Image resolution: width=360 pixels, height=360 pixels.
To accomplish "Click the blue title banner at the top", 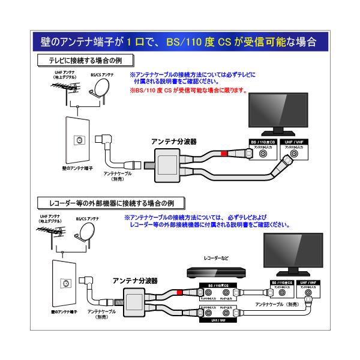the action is click(x=180, y=43).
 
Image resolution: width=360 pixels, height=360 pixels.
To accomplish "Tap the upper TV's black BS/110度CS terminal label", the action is click(x=262, y=142).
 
